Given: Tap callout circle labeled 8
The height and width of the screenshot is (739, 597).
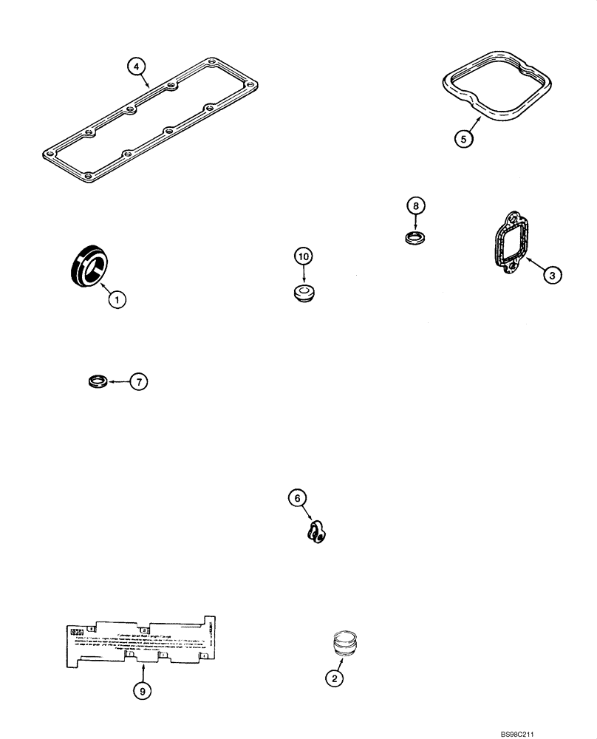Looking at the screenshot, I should coord(415,205).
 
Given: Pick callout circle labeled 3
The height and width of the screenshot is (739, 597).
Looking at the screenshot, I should coord(551,275).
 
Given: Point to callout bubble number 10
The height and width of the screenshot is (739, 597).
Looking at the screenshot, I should coord(304,256).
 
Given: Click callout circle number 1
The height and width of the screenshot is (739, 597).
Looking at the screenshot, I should coord(116,299).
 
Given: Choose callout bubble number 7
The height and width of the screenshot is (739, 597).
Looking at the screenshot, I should coord(139,381).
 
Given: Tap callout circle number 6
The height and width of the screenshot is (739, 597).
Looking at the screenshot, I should coord(297,499).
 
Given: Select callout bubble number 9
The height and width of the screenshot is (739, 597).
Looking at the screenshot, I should coord(143,690).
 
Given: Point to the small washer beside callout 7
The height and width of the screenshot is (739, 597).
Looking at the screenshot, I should coord(96,381).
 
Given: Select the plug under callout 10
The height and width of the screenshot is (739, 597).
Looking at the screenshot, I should coord(304,293).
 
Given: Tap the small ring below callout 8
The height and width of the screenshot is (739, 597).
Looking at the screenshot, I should coord(415,238).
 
